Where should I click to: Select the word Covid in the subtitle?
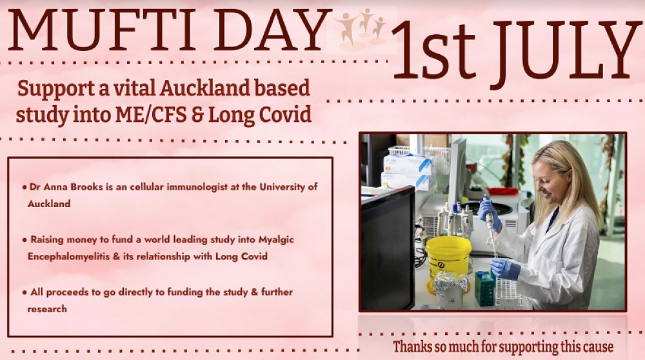[284, 115]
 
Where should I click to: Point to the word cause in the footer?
[593, 347]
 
